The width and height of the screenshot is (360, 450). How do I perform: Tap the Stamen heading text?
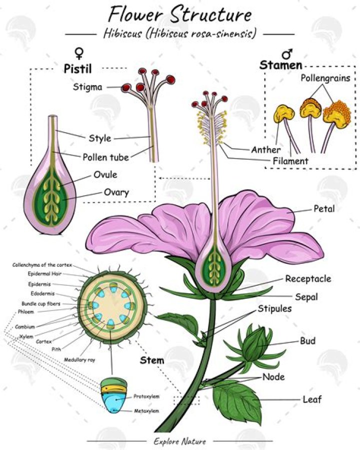(x=280, y=65)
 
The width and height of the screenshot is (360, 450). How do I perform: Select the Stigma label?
(x=87, y=87)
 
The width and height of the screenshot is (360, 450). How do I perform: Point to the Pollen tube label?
(x=105, y=157)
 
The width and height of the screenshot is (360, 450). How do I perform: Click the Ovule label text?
(x=105, y=175)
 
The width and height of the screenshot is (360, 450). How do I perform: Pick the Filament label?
(x=290, y=161)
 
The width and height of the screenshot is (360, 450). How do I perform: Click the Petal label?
(x=324, y=208)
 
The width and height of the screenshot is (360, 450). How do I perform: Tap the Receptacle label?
(x=308, y=279)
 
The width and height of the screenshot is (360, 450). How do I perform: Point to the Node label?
(x=273, y=376)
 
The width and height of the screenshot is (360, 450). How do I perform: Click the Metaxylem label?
(x=146, y=411)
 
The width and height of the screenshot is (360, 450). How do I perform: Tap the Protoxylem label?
(x=146, y=396)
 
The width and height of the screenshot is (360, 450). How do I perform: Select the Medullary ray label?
(x=79, y=359)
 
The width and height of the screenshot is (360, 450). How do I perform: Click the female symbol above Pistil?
(x=78, y=52)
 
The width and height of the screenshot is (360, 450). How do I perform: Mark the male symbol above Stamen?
(x=287, y=53)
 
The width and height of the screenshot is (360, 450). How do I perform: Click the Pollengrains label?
(x=325, y=78)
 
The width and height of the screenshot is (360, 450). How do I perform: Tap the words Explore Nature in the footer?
(x=180, y=441)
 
